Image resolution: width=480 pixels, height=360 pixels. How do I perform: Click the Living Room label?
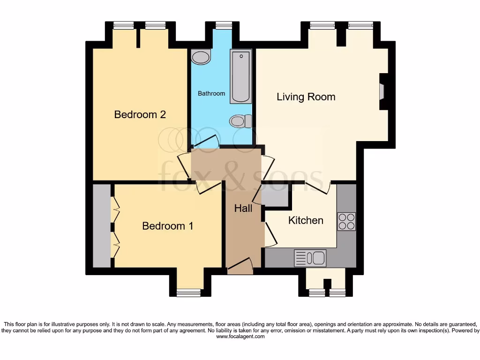[x=306, y=97]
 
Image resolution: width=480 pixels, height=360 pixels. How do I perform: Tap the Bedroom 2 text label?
[x=140, y=114]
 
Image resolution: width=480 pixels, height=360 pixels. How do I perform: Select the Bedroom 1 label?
[x=167, y=226]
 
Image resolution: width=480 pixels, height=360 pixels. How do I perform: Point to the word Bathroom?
[x=211, y=93]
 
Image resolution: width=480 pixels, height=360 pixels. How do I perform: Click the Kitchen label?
[x=306, y=220]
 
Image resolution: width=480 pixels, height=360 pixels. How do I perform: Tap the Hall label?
[x=243, y=208]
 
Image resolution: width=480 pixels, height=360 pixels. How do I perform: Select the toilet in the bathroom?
[x=240, y=121]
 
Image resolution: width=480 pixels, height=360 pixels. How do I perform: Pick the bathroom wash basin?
[x=201, y=57]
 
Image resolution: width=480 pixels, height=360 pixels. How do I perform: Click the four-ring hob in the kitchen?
[x=346, y=222]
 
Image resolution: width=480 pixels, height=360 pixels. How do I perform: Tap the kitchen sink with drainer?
[x=310, y=258]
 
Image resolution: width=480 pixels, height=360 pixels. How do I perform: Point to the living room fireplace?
[x=382, y=91]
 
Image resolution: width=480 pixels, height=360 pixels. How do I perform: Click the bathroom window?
[x=224, y=25]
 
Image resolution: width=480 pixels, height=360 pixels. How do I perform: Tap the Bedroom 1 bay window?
[x=188, y=293]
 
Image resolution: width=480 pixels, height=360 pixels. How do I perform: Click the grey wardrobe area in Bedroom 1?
[x=101, y=226]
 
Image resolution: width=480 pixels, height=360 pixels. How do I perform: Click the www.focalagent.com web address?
[x=240, y=337]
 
